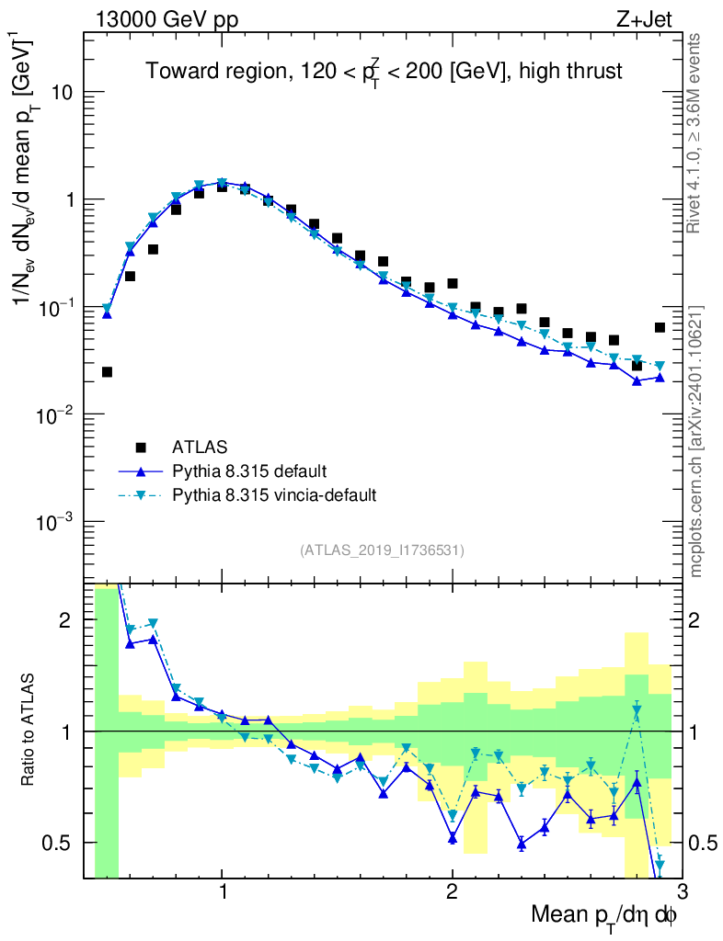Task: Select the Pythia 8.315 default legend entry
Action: pyautogui.click(x=248, y=471)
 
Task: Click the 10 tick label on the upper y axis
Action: pyautogui.click(x=63, y=93)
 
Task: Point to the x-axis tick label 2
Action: pyautogui.click(x=452, y=891)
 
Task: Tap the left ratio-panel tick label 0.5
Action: pyautogui.click(x=58, y=843)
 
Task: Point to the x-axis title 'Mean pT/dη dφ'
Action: pyautogui.click(x=604, y=915)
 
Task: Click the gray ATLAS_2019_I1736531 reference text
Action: pyautogui.click(x=382, y=550)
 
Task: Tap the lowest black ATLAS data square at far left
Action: pyautogui.click(x=107, y=372)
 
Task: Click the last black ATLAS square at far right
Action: pyautogui.click(x=660, y=327)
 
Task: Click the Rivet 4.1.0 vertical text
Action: pyautogui.click(x=696, y=133)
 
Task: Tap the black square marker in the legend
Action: pyautogui.click(x=141, y=448)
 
